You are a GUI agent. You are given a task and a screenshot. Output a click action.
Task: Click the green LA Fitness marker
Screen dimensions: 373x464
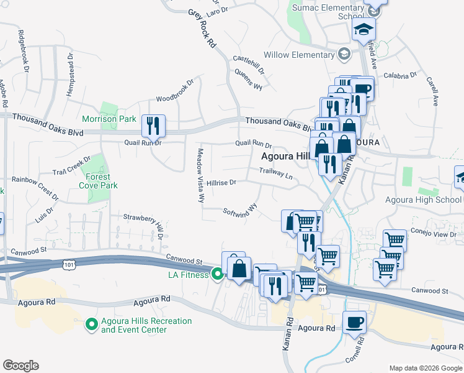point(217,274)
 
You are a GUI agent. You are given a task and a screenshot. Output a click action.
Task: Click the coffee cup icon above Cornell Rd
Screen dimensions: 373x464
point(354,322)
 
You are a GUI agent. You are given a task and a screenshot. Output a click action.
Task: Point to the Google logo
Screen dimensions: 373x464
point(20,366)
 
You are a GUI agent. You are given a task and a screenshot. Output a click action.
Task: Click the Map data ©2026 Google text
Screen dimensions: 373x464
point(424,368)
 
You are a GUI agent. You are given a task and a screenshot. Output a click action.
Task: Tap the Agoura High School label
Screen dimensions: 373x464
point(424,200)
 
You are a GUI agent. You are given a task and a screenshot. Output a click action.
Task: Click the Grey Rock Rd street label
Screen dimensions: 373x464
point(202,29)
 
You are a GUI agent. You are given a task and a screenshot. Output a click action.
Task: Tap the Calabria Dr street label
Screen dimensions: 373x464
point(400,75)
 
